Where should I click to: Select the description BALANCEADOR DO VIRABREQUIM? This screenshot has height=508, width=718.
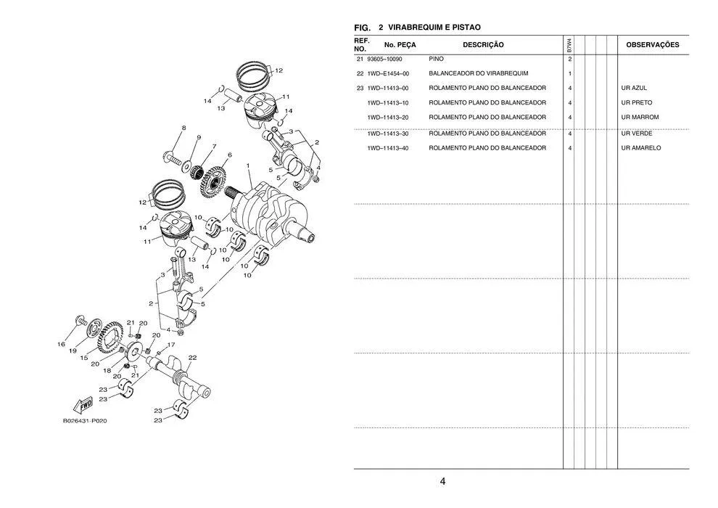pos(478,73)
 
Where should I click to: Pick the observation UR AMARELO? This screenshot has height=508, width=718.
pos(641,148)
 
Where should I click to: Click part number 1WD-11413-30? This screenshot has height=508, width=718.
pos(388,134)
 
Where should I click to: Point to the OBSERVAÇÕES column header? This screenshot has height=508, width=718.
pos(652,45)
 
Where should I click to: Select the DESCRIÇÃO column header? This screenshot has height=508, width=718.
pos(483,45)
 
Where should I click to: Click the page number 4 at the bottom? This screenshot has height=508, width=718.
pos(442,481)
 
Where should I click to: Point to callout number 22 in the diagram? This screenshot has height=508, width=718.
pos(192,358)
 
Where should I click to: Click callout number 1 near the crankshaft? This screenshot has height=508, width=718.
pos(248,165)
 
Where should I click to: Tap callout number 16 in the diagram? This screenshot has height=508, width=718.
pos(62,344)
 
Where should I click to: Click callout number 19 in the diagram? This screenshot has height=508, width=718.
pos(73,351)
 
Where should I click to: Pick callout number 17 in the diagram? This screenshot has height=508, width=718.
pos(171,345)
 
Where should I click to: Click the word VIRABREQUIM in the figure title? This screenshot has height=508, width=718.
pos(424,27)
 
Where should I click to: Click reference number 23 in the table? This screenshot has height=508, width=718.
pos(360,88)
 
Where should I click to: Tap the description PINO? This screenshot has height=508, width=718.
pos(437,59)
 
